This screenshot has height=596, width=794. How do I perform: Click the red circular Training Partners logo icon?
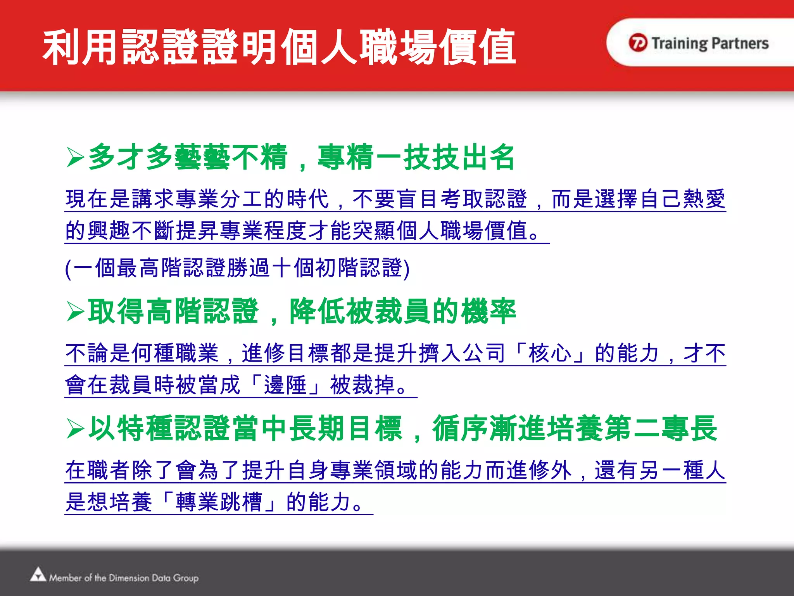click(x=638, y=43)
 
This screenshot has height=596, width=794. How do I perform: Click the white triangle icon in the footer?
click(x=38, y=575)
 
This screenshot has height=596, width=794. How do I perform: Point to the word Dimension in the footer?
click(x=129, y=578)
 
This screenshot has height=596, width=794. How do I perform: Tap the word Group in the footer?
click(x=186, y=578)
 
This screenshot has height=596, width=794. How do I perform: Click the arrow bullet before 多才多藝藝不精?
click(x=75, y=157)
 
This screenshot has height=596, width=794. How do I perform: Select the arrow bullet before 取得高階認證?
click(x=75, y=312)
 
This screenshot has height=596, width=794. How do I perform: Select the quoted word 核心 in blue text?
click(x=550, y=353)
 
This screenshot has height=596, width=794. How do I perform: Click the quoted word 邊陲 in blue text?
click(x=285, y=385)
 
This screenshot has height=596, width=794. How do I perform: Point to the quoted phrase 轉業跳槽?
click(x=219, y=502)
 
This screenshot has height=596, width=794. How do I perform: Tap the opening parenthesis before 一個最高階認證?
click(x=68, y=269)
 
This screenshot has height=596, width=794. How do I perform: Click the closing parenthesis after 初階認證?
click(x=406, y=269)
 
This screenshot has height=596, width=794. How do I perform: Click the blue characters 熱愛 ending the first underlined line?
click(x=704, y=199)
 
